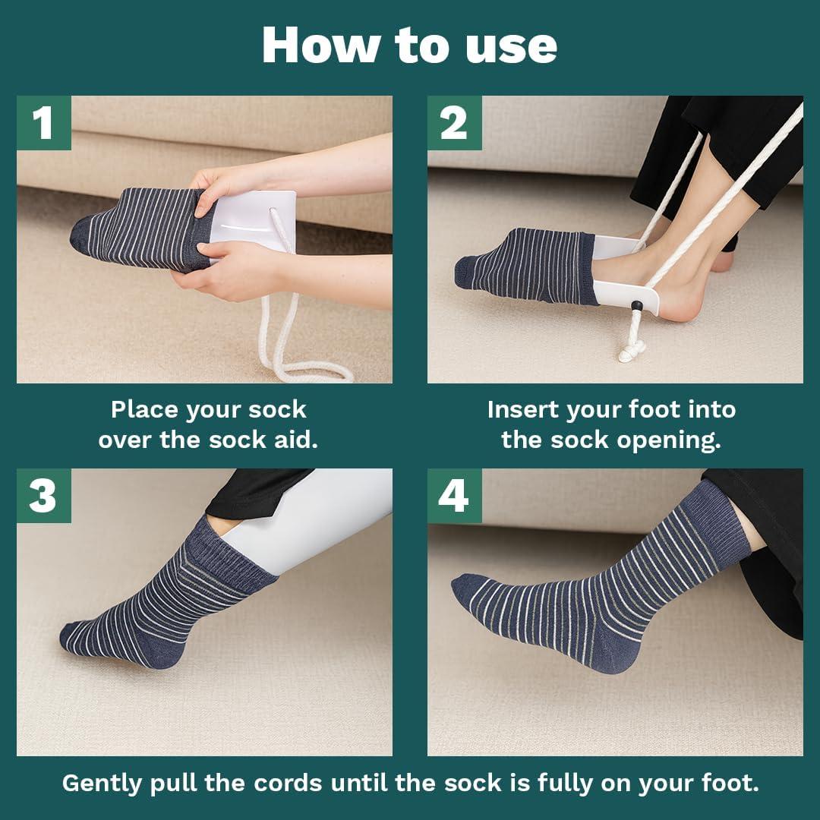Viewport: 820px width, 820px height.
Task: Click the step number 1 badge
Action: tap(43, 123)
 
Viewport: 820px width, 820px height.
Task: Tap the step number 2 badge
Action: tap(454, 123)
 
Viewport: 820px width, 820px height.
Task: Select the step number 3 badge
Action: tap(43, 496)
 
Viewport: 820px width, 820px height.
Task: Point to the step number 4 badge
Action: tap(454, 496)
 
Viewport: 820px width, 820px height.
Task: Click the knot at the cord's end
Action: tap(632, 352)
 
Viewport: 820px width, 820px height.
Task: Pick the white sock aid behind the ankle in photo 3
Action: tap(304, 524)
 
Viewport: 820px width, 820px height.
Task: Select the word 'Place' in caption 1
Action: tap(144, 410)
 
